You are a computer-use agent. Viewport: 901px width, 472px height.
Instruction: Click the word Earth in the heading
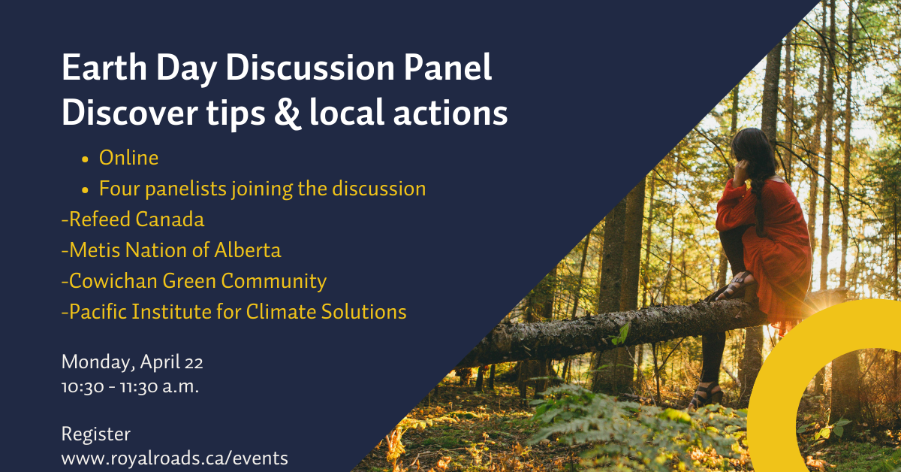click(x=104, y=68)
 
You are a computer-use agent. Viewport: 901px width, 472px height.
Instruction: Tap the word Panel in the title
click(x=447, y=68)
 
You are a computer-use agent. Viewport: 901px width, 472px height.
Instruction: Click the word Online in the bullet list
click(x=128, y=158)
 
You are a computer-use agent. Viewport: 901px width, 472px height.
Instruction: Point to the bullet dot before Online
click(x=85, y=159)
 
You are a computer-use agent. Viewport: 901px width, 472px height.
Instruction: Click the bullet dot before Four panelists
click(x=85, y=190)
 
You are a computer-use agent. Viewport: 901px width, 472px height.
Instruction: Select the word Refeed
click(x=100, y=219)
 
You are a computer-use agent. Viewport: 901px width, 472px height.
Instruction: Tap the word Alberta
click(x=247, y=250)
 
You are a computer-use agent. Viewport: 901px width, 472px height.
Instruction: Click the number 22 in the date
click(x=194, y=363)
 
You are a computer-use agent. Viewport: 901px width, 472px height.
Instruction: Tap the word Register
click(x=96, y=434)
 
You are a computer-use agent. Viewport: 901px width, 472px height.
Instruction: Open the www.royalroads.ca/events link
click(x=174, y=458)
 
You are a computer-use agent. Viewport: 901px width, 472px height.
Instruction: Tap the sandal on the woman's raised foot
click(x=734, y=285)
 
